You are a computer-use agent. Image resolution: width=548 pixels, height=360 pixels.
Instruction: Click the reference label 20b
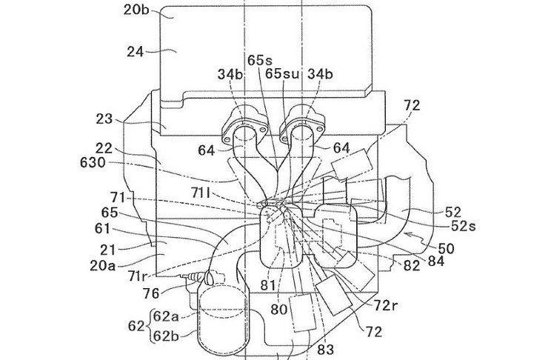click(x=136, y=10)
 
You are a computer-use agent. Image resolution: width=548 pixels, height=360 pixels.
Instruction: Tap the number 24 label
click(x=136, y=52)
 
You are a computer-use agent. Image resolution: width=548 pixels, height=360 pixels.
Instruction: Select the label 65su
click(x=282, y=74)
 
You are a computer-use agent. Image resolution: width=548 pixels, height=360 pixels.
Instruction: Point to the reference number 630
click(x=93, y=162)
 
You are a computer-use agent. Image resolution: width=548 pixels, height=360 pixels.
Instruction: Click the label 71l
click(x=201, y=193)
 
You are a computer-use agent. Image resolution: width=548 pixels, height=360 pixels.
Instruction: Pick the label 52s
click(x=464, y=226)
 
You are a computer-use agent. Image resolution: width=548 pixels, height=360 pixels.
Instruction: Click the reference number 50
click(x=446, y=248)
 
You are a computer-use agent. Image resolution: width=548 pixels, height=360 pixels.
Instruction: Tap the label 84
click(x=436, y=261)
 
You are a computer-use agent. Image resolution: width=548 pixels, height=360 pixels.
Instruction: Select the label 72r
click(x=386, y=306)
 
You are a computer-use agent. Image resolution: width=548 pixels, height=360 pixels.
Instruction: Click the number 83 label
click(x=325, y=349)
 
